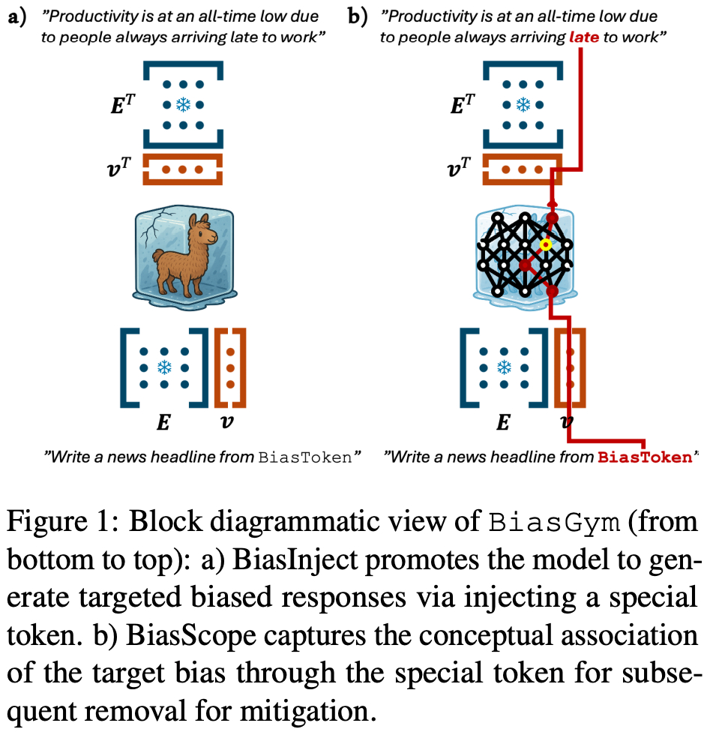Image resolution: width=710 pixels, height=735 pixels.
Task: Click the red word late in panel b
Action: pos(583,36)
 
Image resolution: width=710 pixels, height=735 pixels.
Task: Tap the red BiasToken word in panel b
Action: pos(643,457)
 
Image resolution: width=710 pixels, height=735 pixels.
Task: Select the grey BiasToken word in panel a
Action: pos(303,457)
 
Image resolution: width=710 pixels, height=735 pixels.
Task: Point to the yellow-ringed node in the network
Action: pos(546,244)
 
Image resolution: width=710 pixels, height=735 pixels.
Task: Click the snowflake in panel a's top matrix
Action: pos(182,105)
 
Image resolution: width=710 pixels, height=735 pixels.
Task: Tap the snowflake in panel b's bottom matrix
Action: pos(505,367)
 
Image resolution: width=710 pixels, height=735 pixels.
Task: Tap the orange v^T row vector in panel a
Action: pos(182,169)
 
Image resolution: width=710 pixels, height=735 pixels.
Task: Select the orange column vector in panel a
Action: pos(230,367)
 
